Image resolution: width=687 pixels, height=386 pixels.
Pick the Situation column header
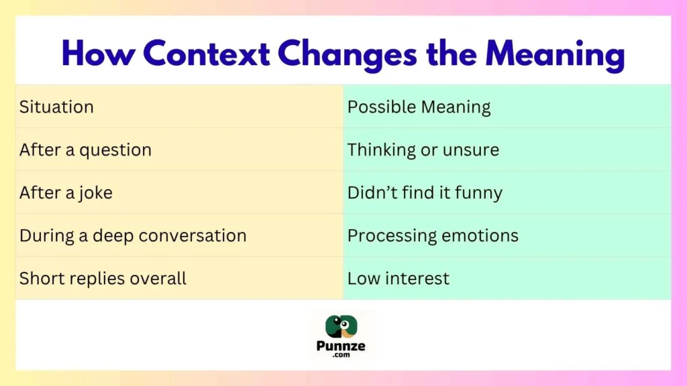pyautogui.click(x=56, y=107)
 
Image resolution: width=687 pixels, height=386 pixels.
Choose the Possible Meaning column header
pyautogui.click(x=419, y=107)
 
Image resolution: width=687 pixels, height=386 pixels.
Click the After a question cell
pyautogui.click(x=85, y=149)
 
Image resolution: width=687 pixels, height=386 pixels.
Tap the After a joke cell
pyautogui.click(x=66, y=192)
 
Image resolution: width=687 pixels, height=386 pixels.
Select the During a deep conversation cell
pyautogui.click(x=133, y=235)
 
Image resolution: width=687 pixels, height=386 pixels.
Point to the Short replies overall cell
pyautogui.click(x=103, y=278)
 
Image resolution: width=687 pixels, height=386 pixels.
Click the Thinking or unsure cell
pyautogui.click(x=423, y=149)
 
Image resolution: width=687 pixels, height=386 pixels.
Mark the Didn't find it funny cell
pyautogui.click(x=425, y=192)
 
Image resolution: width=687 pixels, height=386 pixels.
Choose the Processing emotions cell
pyautogui.click(x=433, y=235)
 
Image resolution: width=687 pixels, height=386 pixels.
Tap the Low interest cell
pyautogui.click(x=399, y=278)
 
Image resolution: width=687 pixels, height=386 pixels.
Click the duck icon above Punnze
pyautogui.click(x=342, y=326)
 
